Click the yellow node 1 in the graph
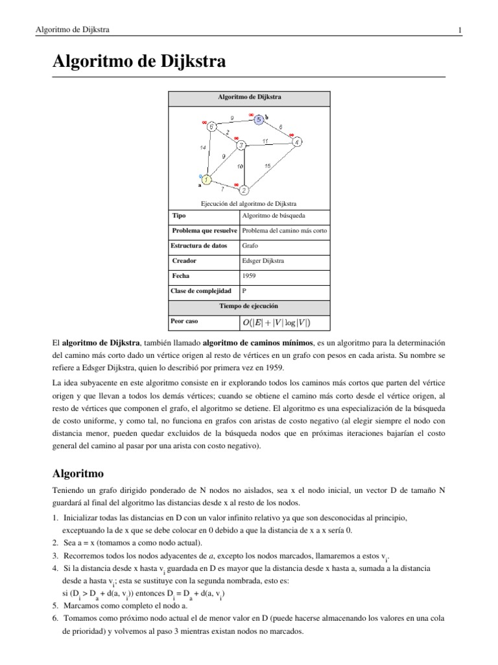coord(206,179)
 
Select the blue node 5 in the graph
coord(258,120)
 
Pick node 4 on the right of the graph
coord(296,142)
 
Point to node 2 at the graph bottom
coord(244,190)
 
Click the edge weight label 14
coord(203,148)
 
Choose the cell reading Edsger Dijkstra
coord(263,260)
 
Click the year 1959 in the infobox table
coord(248,275)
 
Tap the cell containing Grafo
coord(250,246)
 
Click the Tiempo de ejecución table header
coord(249,305)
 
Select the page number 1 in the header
coord(459,30)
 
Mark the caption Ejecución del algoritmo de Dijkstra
coord(249,203)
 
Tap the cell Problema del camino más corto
coord(284,231)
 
